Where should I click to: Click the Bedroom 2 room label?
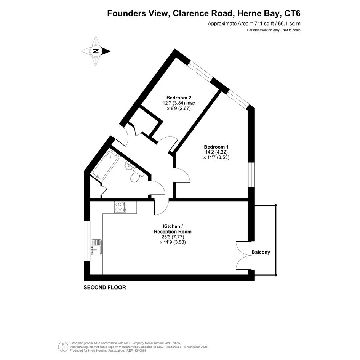(x=179, y=98)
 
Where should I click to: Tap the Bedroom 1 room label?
(x=216, y=147)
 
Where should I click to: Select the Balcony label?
(x=261, y=252)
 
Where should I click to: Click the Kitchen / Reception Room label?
(x=173, y=229)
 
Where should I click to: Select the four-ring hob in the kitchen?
(x=120, y=207)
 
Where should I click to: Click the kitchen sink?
(x=96, y=247)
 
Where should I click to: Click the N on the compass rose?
(x=96, y=51)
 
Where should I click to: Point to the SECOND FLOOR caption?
(x=105, y=288)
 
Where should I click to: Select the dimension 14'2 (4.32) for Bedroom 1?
(x=216, y=152)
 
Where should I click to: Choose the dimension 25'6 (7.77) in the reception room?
(x=173, y=237)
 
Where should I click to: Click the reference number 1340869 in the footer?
(x=139, y=350)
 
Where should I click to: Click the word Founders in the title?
(x=127, y=14)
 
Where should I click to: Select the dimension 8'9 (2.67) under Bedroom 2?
(x=179, y=108)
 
